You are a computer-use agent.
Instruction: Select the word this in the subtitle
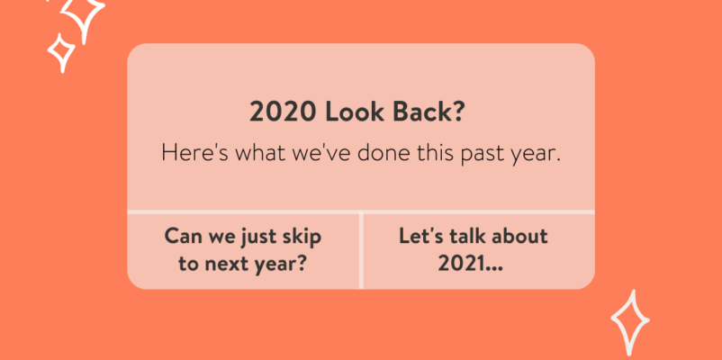click(435, 152)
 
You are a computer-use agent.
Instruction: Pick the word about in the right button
click(519, 237)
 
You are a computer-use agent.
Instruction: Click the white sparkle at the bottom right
click(630, 322)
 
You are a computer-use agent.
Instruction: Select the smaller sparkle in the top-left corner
click(61, 52)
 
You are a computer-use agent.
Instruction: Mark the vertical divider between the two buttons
click(361, 250)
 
